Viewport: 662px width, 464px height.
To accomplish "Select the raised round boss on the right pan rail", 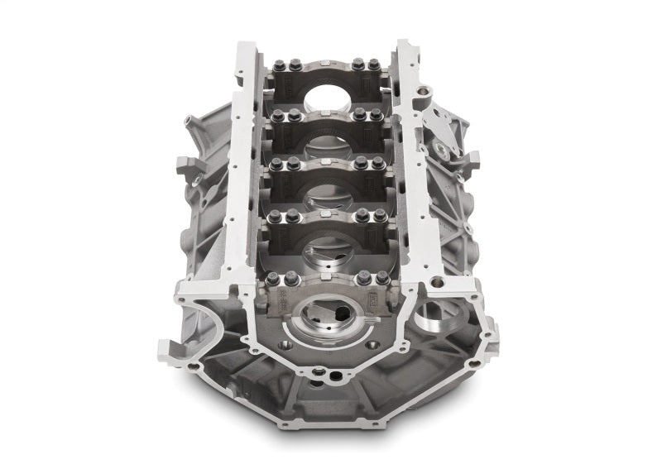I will (x=425, y=89).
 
